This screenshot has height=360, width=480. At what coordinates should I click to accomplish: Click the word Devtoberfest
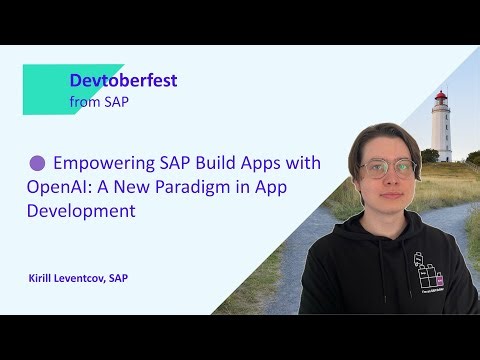tap(123, 80)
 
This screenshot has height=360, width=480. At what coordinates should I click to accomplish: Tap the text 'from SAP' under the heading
tap(99, 101)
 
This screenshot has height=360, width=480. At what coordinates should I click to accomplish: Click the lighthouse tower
tap(440, 130)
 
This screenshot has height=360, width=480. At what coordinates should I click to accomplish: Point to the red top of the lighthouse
tap(440, 98)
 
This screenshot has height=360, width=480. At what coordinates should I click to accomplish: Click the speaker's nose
tap(388, 176)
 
